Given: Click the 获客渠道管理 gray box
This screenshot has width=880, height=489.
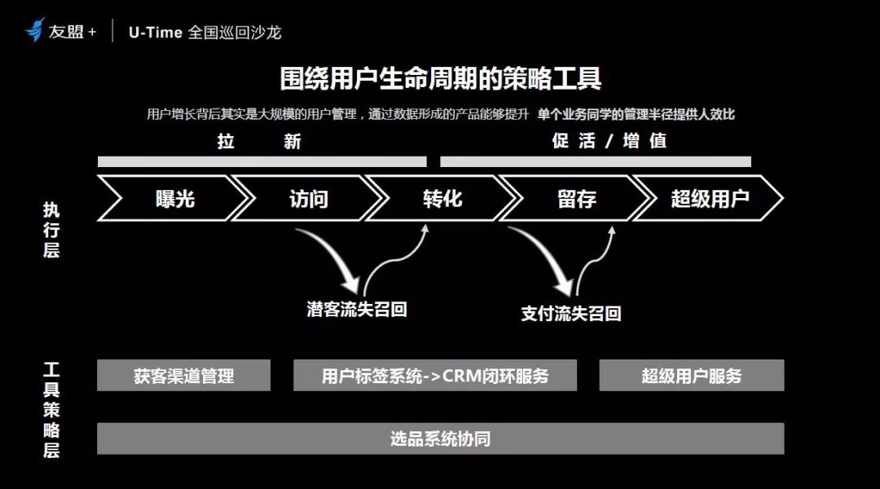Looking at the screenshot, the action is [183, 375].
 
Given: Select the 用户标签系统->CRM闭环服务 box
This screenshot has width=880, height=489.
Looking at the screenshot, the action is [435, 375].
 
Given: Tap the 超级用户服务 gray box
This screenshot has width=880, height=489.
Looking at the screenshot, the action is [692, 375].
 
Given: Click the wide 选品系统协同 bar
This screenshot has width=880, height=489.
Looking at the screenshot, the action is [441, 438].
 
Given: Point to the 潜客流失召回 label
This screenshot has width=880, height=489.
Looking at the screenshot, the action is [357, 309].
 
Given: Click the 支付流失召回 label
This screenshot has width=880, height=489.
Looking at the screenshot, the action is [570, 313].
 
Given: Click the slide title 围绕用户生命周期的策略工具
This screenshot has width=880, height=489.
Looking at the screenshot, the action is [441, 78].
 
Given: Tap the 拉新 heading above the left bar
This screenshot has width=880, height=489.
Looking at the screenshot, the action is [259, 141].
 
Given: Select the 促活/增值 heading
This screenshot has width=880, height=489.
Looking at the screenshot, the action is [609, 140].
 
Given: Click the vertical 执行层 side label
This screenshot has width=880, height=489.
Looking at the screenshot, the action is [51, 230].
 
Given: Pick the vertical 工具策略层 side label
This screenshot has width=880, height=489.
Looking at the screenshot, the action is [51, 410].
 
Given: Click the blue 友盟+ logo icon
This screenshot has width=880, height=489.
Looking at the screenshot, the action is [35, 29].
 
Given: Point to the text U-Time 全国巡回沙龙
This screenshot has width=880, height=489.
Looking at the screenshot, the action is [205, 32].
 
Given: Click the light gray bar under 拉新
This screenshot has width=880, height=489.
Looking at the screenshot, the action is [262, 161].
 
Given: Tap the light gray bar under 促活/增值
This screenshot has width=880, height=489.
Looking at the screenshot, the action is [596, 161].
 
